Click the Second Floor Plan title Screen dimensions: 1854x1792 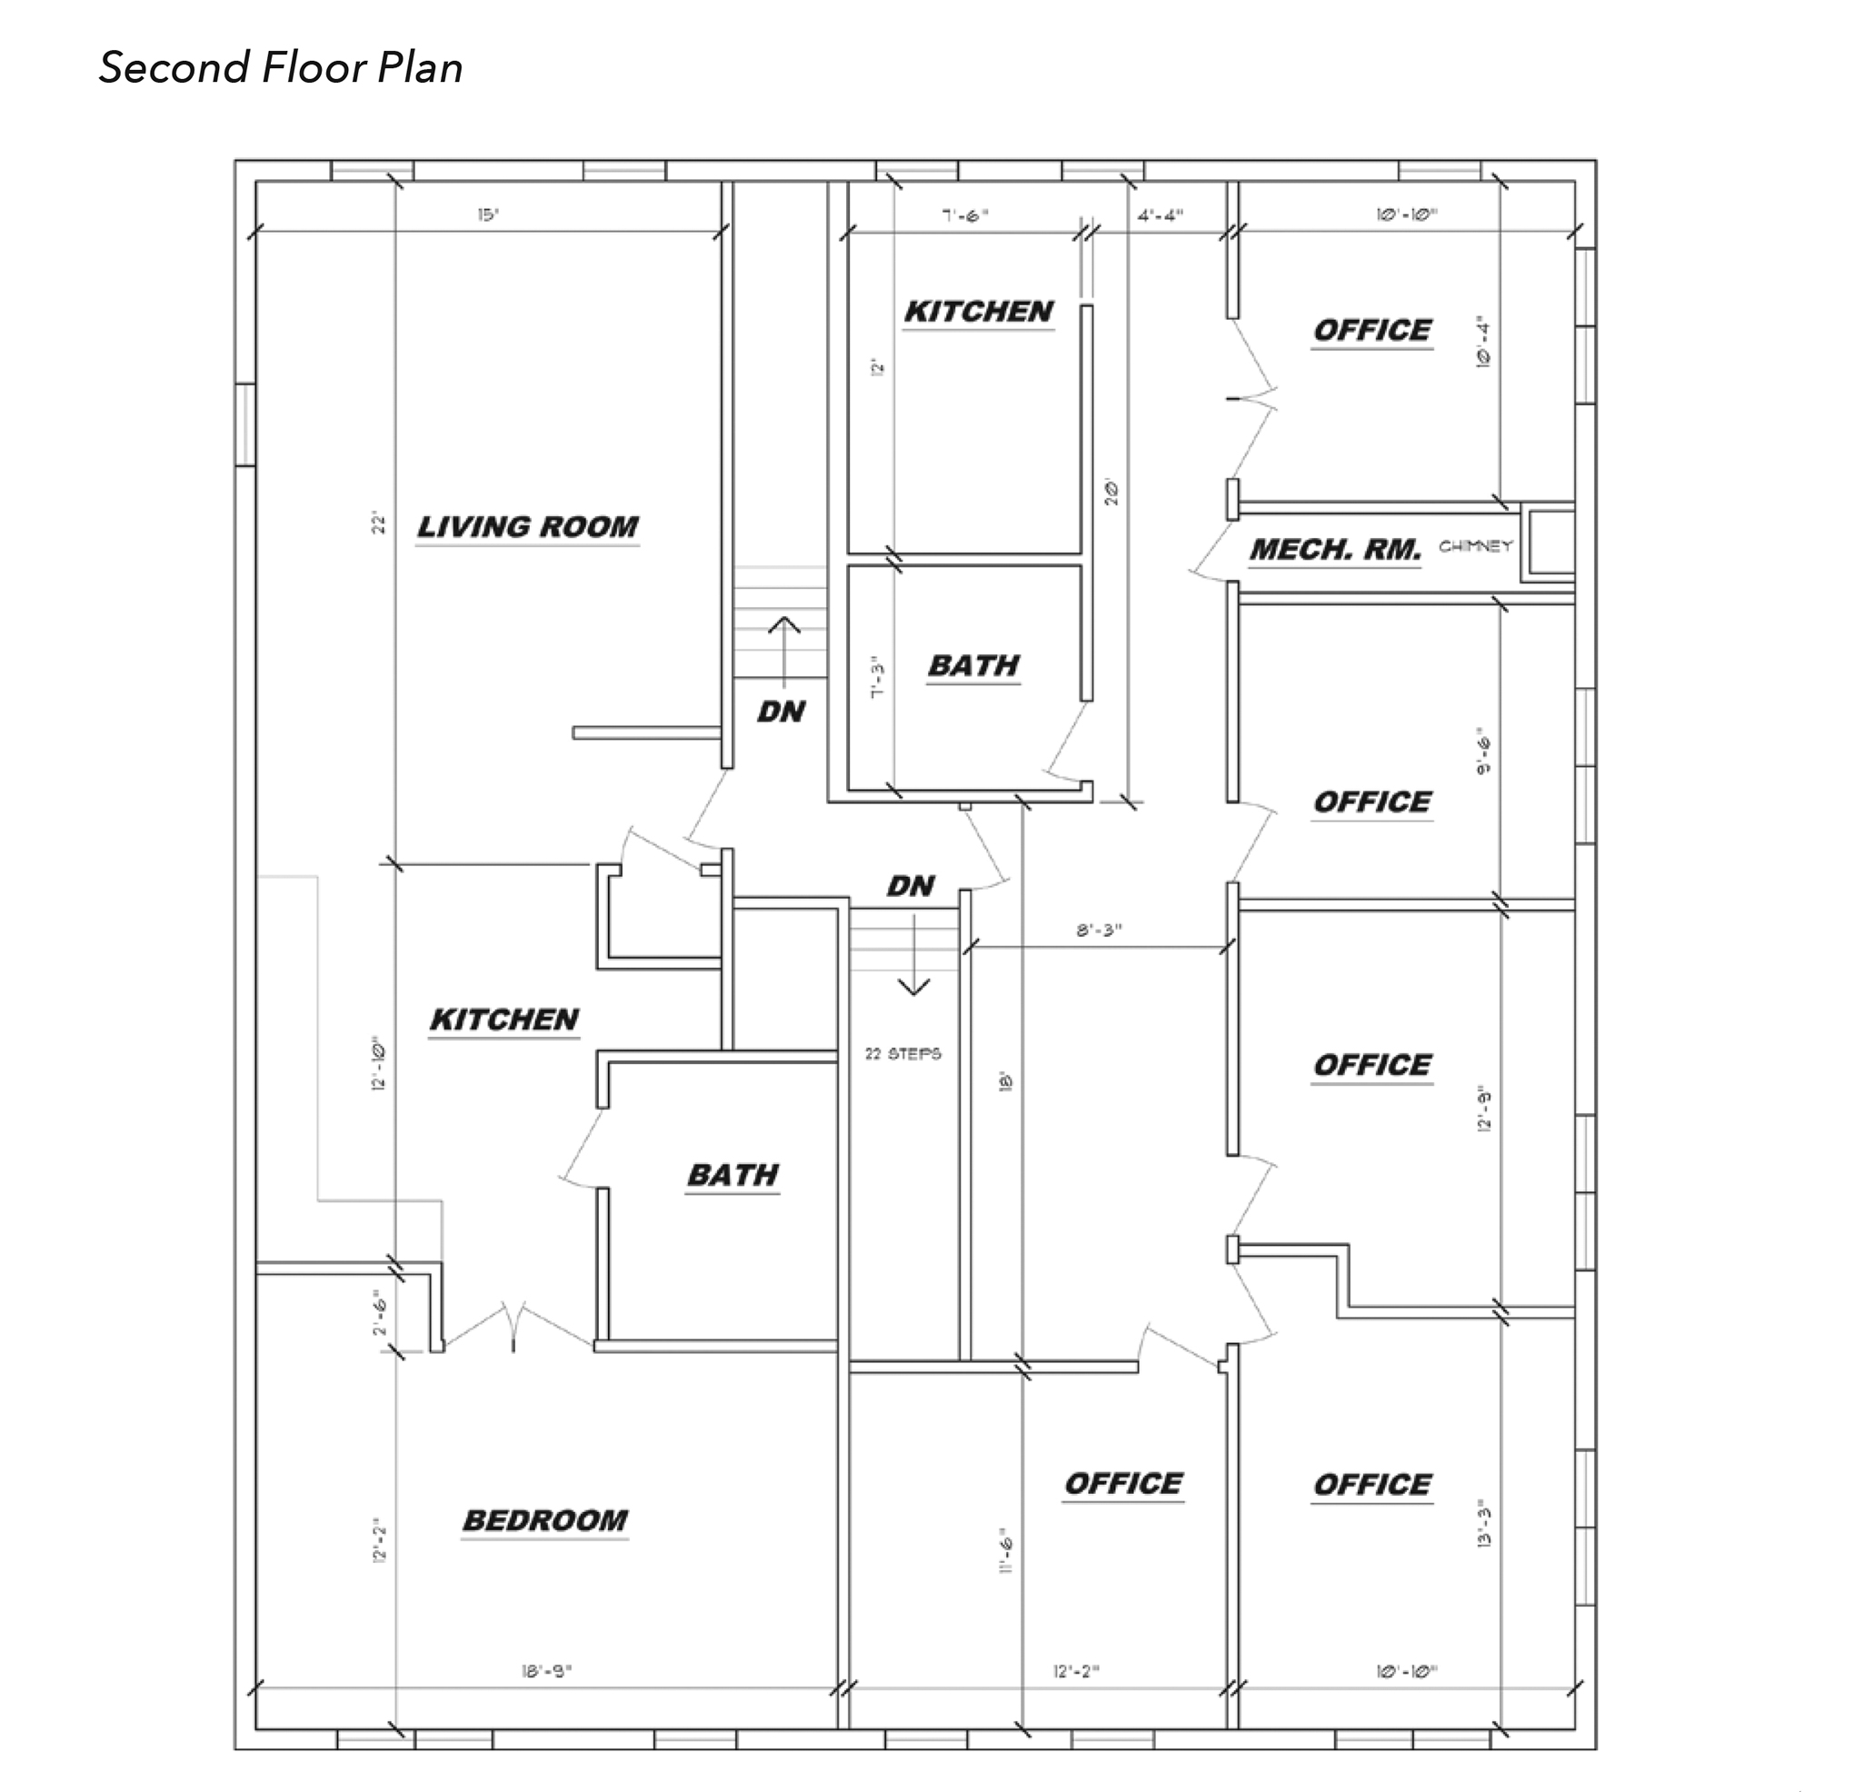tap(281, 68)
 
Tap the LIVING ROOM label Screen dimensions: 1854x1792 tap(528, 527)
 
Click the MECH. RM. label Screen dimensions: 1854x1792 tap(1335, 550)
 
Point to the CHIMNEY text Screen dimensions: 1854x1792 tap(1475, 546)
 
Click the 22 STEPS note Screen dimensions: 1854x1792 tap(903, 1053)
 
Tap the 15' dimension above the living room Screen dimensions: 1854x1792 tap(487, 214)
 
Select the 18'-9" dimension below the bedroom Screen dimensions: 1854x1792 tap(547, 1671)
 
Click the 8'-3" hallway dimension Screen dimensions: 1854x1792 tap(1098, 930)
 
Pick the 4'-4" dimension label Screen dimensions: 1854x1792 tap(1160, 214)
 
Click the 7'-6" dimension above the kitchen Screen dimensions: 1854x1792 tap(965, 214)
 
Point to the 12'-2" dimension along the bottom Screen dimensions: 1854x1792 tap(1076, 1671)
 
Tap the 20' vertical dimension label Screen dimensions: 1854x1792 tap(1112, 492)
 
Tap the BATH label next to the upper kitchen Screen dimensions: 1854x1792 tap(973, 666)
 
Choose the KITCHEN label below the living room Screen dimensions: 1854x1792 tap(504, 1020)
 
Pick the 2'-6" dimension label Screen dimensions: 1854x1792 tap(380, 1314)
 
